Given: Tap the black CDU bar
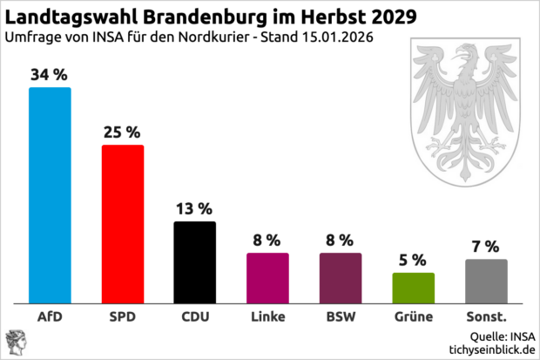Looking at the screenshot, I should click(195, 262).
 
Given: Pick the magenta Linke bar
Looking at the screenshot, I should click(267, 277).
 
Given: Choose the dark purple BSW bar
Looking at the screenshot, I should click(341, 277).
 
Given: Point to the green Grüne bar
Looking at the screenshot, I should click(413, 287).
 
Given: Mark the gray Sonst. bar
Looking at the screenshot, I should click(486, 281).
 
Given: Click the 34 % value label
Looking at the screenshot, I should click(50, 75).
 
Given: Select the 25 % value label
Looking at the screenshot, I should click(123, 132).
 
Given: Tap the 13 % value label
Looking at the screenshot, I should click(195, 208).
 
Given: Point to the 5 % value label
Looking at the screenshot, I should click(413, 260).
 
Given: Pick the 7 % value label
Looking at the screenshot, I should click(486, 247).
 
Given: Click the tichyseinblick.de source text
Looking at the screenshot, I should click(489, 349).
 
